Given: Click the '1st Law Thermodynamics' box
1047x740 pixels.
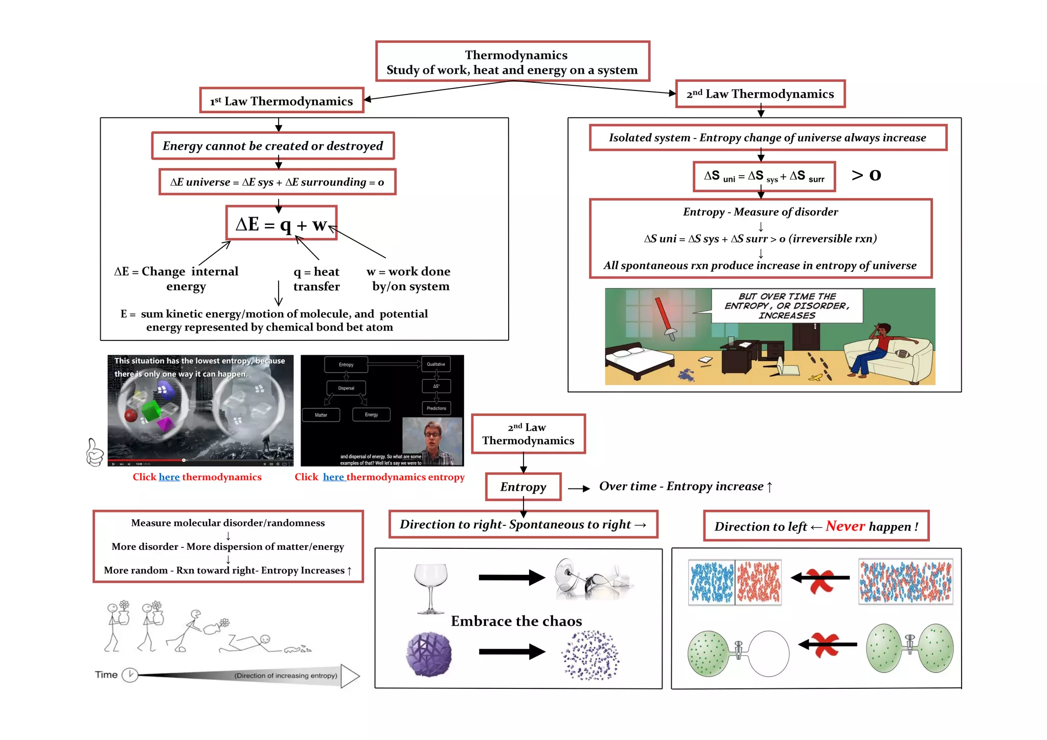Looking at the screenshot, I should point(282,101).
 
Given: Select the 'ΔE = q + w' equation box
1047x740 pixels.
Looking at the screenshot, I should point(282,223).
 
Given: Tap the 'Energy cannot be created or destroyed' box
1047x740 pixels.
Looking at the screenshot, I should point(272,146).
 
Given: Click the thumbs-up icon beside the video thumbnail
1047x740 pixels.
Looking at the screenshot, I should point(95,453).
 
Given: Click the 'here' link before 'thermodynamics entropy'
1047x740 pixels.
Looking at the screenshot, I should point(333,477).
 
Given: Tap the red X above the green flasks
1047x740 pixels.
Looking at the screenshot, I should point(825,644).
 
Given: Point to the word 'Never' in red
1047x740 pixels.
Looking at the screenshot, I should point(845,526).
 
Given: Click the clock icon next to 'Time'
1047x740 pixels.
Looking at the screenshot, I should point(130,675).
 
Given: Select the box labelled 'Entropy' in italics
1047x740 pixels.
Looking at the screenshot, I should point(523,487).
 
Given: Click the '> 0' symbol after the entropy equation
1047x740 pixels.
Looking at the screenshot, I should point(866,175).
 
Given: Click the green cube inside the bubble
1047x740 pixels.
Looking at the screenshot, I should point(151,410).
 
